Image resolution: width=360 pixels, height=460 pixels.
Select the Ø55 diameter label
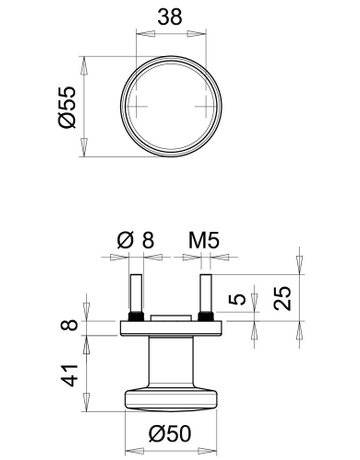click(x=67, y=106)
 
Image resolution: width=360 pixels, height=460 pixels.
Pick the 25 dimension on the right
click(x=286, y=296)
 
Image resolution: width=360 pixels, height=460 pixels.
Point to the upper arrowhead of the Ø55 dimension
click(x=85, y=62)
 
